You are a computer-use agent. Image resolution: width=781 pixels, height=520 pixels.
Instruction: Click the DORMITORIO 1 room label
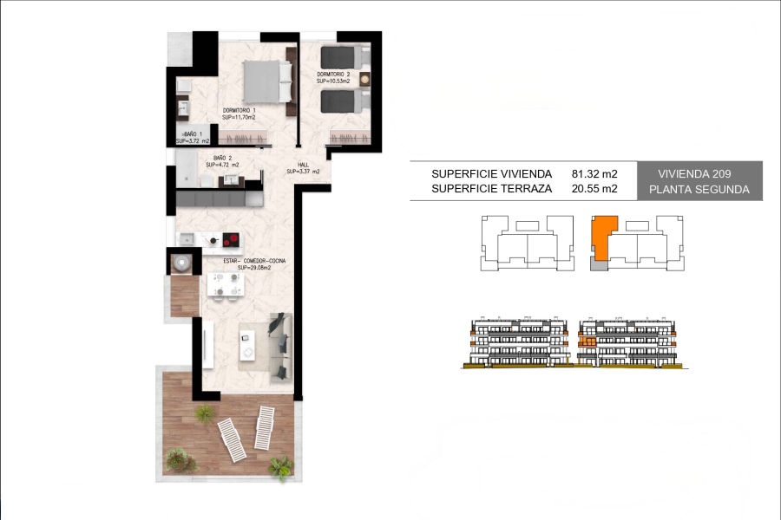tap(238, 111)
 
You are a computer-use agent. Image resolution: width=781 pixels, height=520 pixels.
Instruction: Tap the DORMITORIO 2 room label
tap(334, 75)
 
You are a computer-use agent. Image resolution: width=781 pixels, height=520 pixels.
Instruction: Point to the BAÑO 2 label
tap(218, 158)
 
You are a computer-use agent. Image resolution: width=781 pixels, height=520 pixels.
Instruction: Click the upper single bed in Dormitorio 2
tap(345, 58)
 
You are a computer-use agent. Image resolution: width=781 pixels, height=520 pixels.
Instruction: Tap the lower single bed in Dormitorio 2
tap(345, 101)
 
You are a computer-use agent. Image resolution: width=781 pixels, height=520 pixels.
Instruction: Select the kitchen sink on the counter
tap(187, 238)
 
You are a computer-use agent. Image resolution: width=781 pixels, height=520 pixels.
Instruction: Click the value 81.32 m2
tap(594, 173)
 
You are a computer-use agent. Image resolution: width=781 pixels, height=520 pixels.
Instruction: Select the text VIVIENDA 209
tap(699, 173)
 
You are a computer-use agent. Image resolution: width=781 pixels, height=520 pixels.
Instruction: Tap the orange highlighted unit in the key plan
tap(601, 237)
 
